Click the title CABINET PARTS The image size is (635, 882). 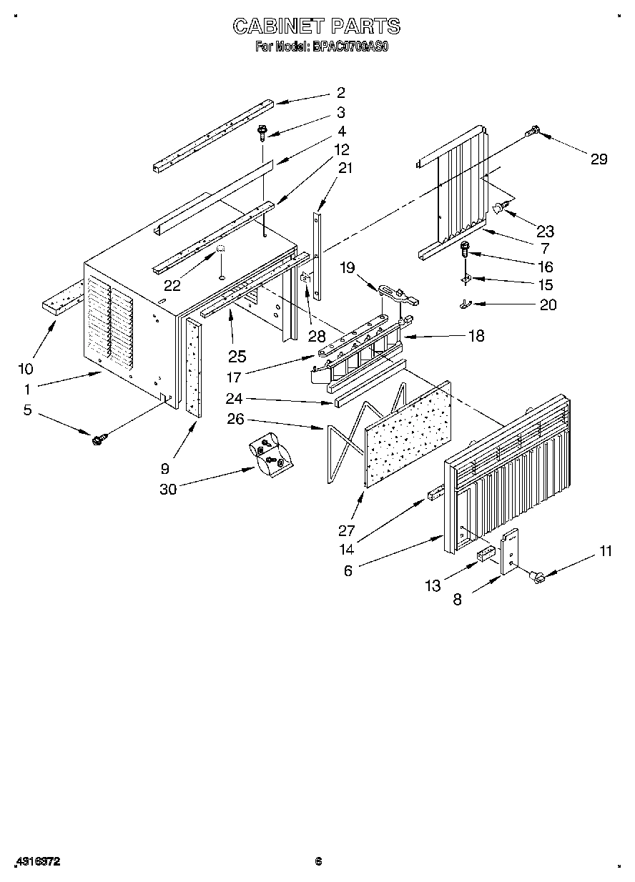coord(317,26)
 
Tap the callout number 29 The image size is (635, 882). coord(599,159)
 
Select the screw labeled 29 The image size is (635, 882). coord(533,131)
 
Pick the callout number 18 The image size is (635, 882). coord(476,336)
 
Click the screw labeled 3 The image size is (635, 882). coord(264,132)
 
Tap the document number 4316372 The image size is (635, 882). coord(36,863)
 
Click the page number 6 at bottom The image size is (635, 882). coord(319,862)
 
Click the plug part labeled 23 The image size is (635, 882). coord(501,208)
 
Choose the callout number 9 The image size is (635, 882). coord(164,469)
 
